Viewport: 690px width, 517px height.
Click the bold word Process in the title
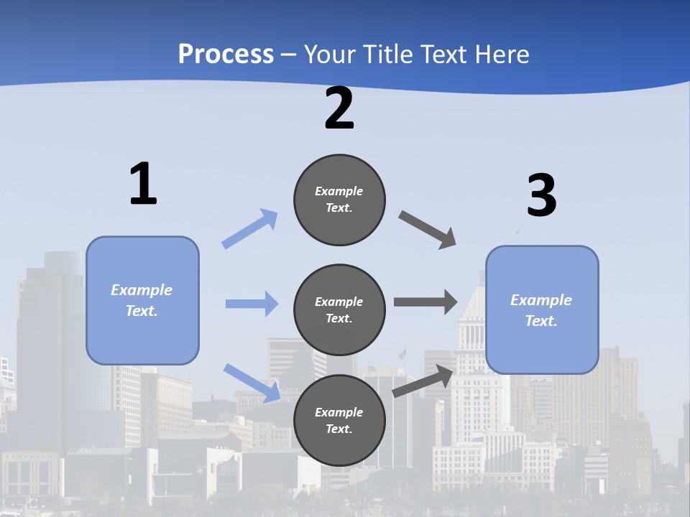(226, 55)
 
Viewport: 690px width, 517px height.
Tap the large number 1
(143, 185)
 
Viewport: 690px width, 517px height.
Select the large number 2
(339, 108)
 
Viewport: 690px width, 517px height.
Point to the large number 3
(541, 196)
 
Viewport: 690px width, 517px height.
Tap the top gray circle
(339, 200)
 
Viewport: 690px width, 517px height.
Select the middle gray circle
(339, 309)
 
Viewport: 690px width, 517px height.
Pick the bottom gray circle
(339, 420)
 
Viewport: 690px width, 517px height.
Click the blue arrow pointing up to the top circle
(250, 229)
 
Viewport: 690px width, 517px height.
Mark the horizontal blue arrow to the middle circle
(252, 304)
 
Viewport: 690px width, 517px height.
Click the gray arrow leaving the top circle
(428, 230)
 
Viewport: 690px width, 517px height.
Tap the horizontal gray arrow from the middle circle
(425, 302)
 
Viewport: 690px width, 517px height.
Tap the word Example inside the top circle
(339, 191)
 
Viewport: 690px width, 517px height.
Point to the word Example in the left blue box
(142, 290)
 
